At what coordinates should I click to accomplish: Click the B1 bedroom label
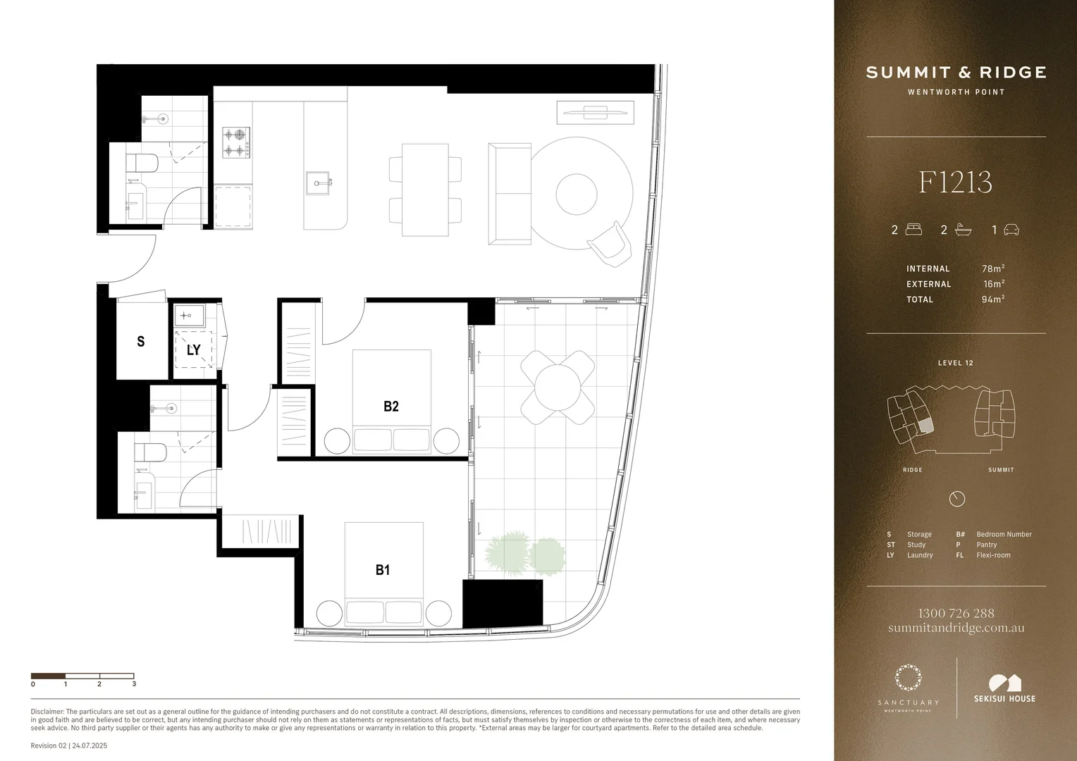pyautogui.click(x=383, y=570)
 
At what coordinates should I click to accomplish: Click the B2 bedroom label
pyautogui.click(x=391, y=406)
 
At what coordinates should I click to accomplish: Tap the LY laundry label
pyautogui.click(x=193, y=349)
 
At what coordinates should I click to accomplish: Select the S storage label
pyautogui.click(x=141, y=342)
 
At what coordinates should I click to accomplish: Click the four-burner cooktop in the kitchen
pyautogui.click(x=236, y=142)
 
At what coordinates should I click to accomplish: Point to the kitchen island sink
pyautogui.click(x=321, y=183)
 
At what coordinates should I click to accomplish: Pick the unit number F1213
pyautogui.click(x=955, y=182)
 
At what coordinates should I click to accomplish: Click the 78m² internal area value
pyautogui.click(x=992, y=268)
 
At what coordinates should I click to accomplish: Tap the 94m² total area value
pyautogui.click(x=992, y=299)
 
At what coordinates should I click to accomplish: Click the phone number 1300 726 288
pyautogui.click(x=956, y=613)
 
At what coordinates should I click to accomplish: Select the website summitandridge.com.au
pyautogui.click(x=956, y=628)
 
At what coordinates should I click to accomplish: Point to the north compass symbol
pyautogui.click(x=956, y=499)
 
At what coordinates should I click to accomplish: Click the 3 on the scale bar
pyautogui.click(x=134, y=683)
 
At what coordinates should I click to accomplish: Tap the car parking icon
pyautogui.click(x=1011, y=230)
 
